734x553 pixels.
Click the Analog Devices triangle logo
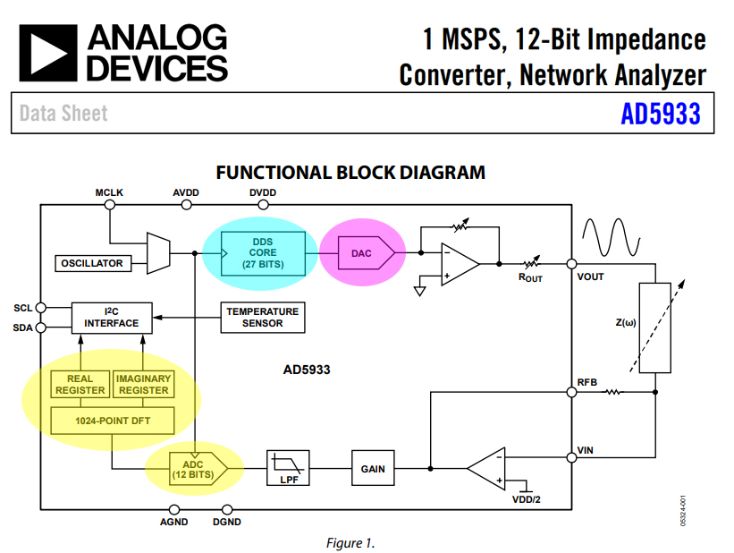point(47,52)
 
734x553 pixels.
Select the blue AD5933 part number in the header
point(660,114)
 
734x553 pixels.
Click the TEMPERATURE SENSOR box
point(261,316)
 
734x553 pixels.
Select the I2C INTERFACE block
point(112,316)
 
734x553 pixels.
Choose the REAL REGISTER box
point(80,384)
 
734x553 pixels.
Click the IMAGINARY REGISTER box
point(143,384)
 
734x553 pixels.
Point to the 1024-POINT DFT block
point(112,419)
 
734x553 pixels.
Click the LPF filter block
point(289,468)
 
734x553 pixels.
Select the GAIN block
point(372,468)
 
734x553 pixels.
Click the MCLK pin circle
point(110,205)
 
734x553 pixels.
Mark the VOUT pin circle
point(571,264)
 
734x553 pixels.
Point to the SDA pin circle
point(40,328)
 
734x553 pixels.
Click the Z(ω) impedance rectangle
point(656,328)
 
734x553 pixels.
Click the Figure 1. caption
point(350,542)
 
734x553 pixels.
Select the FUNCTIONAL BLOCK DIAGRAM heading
point(350,173)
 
